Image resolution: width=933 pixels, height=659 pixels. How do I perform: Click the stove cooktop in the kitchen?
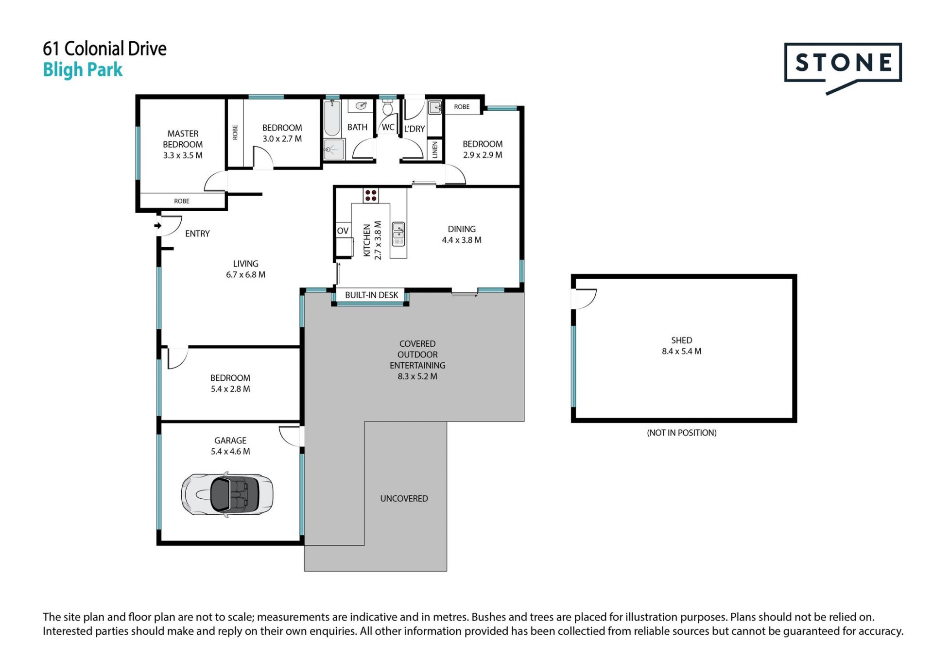click(x=371, y=195)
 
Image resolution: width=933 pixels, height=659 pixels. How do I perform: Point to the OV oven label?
click(x=343, y=231)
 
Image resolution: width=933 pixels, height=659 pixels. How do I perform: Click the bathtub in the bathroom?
click(x=332, y=118)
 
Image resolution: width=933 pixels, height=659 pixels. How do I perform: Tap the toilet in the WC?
click(x=387, y=107)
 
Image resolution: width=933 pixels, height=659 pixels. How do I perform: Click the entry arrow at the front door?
click(x=158, y=226)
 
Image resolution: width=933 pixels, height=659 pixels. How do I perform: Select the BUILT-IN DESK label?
click(x=371, y=295)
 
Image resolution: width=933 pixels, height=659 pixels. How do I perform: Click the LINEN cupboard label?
click(x=435, y=149)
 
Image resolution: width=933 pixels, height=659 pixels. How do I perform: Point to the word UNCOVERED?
click(x=404, y=498)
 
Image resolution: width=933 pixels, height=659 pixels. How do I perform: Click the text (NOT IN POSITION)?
click(x=681, y=433)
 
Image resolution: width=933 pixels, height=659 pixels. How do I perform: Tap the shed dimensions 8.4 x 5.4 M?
click(x=681, y=351)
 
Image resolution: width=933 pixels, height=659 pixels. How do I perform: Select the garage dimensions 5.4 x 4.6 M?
click(x=230, y=451)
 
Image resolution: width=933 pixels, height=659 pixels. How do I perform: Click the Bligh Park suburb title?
click(x=83, y=70)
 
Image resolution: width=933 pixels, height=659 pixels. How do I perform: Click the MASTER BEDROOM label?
click(x=183, y=139)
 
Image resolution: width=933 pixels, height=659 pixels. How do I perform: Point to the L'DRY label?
click(x=415, y=129)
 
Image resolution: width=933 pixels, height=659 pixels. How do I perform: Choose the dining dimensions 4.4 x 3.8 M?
click(x=462, y=240)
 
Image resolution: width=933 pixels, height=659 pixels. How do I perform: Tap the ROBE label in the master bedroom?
click(x=182, y=201)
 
